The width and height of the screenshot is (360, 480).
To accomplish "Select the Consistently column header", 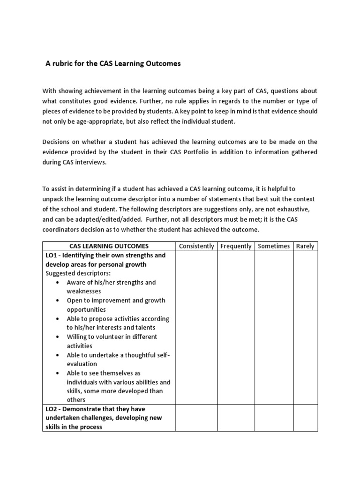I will pos(196,246).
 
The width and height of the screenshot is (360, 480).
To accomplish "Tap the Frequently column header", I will pos(236,246).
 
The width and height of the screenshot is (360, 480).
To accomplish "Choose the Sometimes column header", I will pos(274,246).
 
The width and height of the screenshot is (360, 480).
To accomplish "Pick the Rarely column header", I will pos(305,246).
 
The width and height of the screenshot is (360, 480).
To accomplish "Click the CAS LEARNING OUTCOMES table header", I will pos(109,246).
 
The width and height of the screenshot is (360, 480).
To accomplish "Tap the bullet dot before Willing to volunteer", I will pos(57,337).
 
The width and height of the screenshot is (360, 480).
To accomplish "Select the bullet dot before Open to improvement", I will pos(57,300).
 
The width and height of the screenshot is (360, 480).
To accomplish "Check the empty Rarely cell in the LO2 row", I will pos(305,418).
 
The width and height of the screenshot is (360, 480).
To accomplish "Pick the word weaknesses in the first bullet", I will pos(83,292).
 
